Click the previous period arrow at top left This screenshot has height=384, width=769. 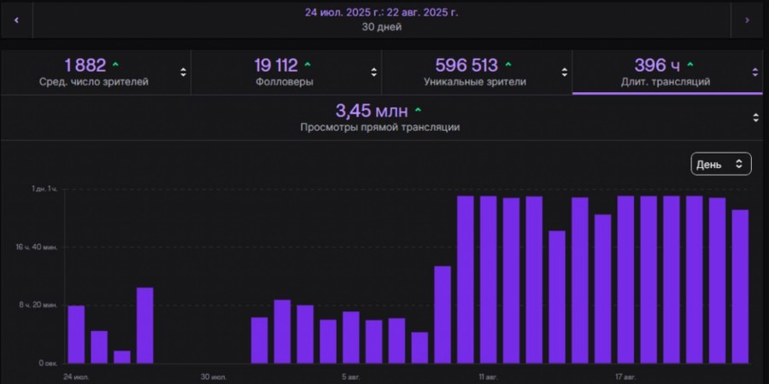[16, 19]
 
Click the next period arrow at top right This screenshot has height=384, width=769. [748, 19]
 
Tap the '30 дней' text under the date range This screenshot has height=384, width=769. [381, 26]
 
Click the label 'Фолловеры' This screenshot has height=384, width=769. [284, 82]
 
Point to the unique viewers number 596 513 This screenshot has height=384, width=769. [467, 65]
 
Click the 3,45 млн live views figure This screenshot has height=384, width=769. [371, 111]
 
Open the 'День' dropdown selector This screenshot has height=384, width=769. [721, 164]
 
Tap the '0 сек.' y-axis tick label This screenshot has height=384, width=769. [47, 363]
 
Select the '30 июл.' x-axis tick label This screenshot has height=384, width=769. [214, 375]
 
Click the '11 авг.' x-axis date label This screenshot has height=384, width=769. [488, 375]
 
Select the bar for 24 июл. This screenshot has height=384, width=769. [76, 334]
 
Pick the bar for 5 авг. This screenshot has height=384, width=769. [351, 337]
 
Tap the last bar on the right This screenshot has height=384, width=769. [740, 286]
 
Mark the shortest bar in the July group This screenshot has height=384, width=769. [122, 357]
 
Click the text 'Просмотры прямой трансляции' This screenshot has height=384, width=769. [379, 127]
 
